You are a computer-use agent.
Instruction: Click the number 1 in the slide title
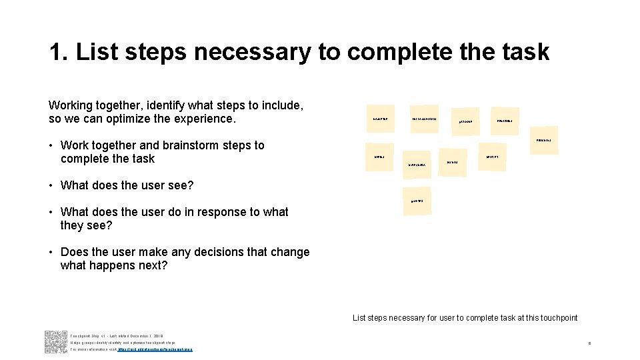coord(57,52)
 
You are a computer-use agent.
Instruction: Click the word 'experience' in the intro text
coord(205,119)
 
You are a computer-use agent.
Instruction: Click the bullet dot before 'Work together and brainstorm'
coord(51,145)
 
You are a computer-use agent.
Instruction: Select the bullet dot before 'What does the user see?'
coord(51,185)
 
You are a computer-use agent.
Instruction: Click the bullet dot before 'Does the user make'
coord(51,252)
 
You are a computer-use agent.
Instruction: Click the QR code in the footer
coord(56,341)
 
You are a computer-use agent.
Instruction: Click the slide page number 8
coord(589,343)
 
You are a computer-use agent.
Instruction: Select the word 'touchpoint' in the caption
coord(555,318)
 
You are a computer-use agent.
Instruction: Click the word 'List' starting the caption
coord(359,318)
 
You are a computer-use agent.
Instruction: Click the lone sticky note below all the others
coord(416,201)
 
